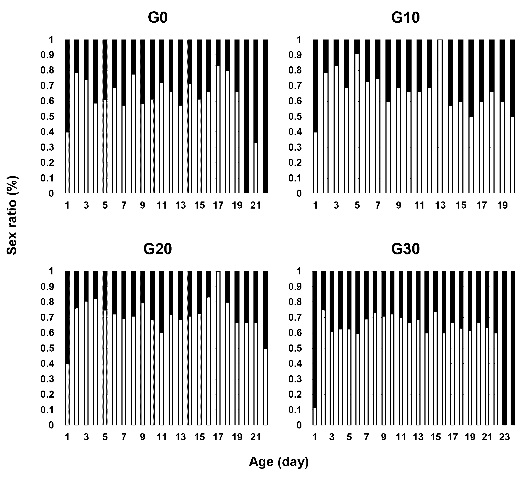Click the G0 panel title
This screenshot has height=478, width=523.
click(x=158, y=18)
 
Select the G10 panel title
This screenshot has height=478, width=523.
click(x=406, y=18)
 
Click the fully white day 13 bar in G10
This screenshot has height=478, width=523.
click(x=440, y=116)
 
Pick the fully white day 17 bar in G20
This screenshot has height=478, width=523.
click(x=218, y=348)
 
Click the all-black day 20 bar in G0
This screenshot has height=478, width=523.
click(x=246, y=116)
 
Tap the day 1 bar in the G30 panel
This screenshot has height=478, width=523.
click(x=315, y=348)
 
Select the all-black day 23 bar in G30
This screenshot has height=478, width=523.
click(x=504, y=348)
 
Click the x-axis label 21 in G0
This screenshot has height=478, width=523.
click(x=256, y=206)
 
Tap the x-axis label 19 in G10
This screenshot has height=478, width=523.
click(x=502, y=206)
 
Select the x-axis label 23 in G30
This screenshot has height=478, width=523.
click(x=504, y=437)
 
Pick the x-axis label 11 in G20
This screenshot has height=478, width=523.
click(x=162, y=437)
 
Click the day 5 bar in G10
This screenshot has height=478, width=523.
click(x=357, y=116)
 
